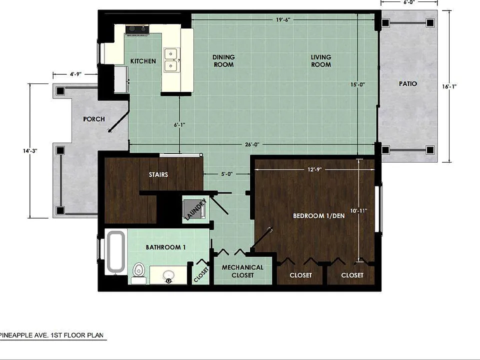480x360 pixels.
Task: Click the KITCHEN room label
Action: coord(143,61)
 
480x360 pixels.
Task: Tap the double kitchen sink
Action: coord(171,60)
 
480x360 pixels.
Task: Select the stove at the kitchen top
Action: coord(137,29)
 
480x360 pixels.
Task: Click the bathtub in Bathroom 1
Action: coord(115,251)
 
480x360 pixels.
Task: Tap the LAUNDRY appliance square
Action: coord(194,209)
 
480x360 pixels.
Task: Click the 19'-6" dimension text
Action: coord(283,20)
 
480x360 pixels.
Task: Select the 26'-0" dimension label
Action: coord(252,144)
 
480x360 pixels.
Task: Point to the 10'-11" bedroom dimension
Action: coord(358,210)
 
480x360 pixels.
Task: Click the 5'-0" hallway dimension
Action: coord(227,174)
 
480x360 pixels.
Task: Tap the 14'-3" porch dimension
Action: coord(30,151)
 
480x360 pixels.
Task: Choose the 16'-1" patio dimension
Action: coord(449,86)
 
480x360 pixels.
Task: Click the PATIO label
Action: coord(408,83)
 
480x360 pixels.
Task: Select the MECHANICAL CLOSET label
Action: coord(242,271)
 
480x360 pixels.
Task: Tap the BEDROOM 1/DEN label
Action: coord(318,216)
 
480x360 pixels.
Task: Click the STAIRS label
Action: coord(158,174)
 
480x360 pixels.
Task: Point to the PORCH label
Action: coord(94,119)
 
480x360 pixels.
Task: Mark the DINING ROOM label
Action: coord(223,61)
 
